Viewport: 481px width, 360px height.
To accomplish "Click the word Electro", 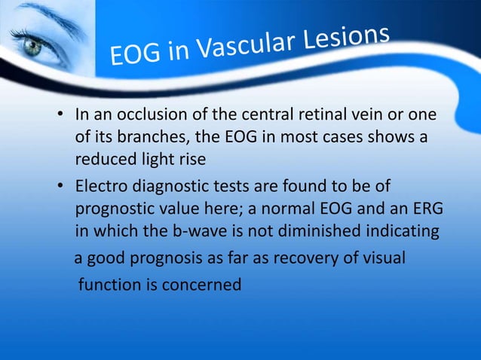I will (x=103, y=185).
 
